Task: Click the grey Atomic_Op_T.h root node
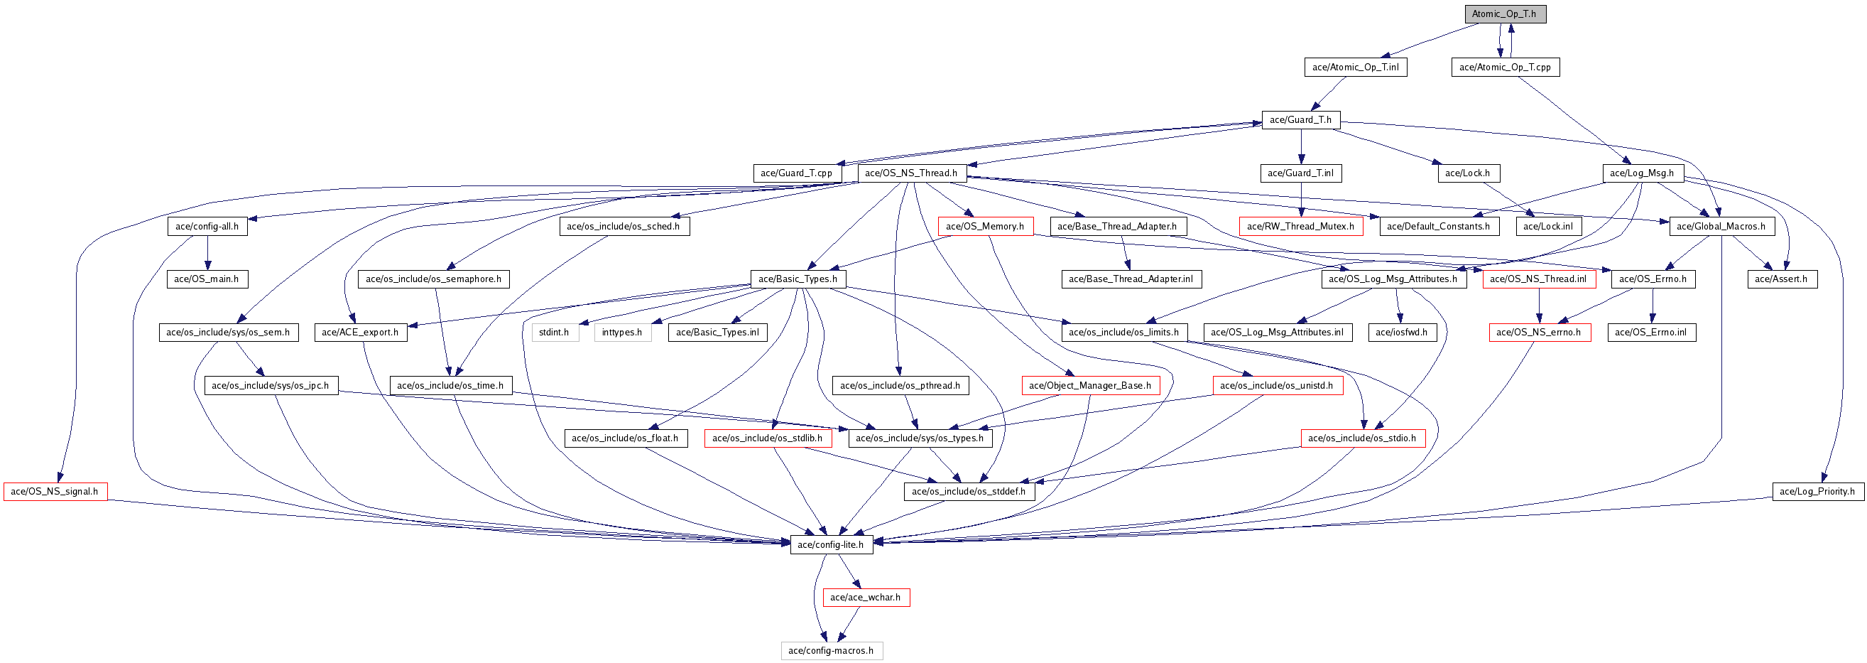click(1504, 14)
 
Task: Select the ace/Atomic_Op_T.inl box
click(1355, 68)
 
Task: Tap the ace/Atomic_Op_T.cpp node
click(1506, 68)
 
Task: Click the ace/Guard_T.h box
click(1301, 119)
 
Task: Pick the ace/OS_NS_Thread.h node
click(911, 173)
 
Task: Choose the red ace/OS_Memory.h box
click(985, 226)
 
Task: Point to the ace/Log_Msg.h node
click(1643, 173)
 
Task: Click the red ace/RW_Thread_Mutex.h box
click(1301, 226)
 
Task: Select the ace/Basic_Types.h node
click(798, 279)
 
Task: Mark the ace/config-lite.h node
click(831, 545)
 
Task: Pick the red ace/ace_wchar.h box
click(866, 598)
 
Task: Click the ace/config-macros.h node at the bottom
click(832, 651)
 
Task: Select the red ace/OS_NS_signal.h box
click(55, 492)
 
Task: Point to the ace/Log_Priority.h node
click(1818, 492)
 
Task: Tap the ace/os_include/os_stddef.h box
click(969, 492)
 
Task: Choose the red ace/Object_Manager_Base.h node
click(1090, 386)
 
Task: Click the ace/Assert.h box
click(1782, 279)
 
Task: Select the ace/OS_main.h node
click(207, 279)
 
